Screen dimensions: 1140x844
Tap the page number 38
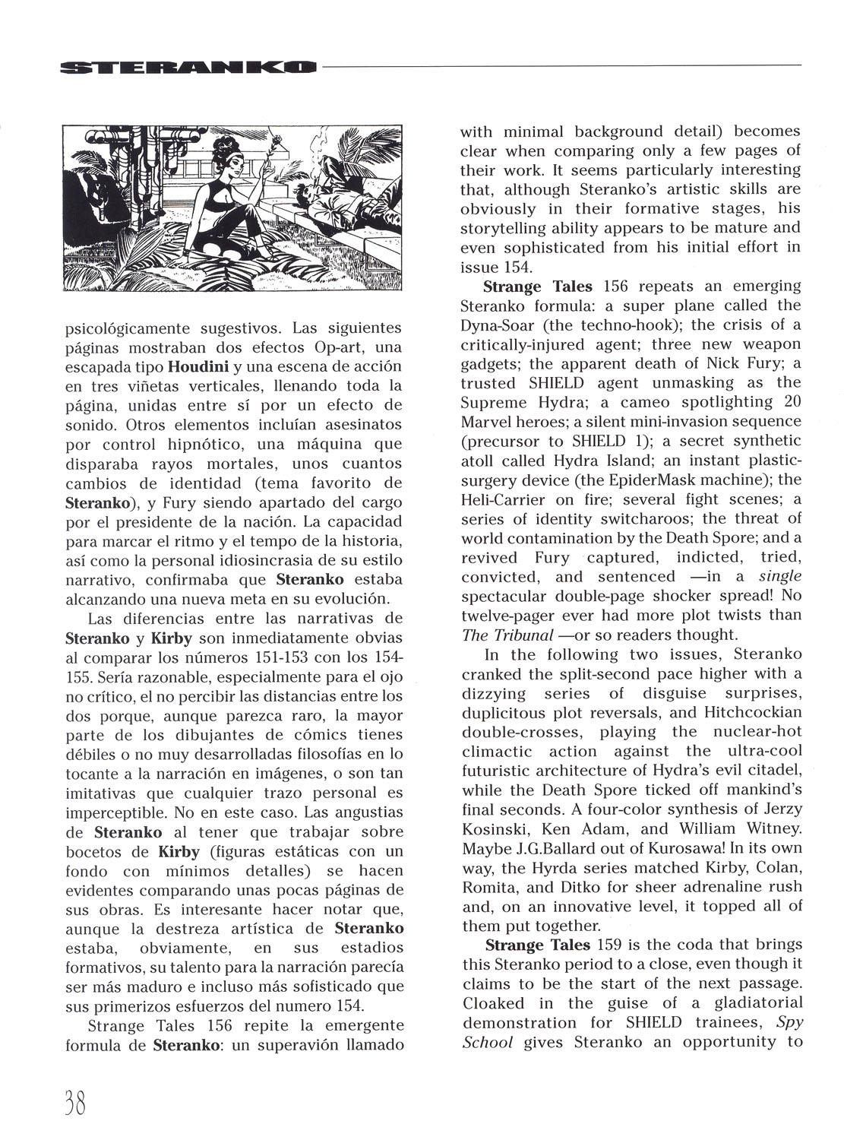coord(69,1100)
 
